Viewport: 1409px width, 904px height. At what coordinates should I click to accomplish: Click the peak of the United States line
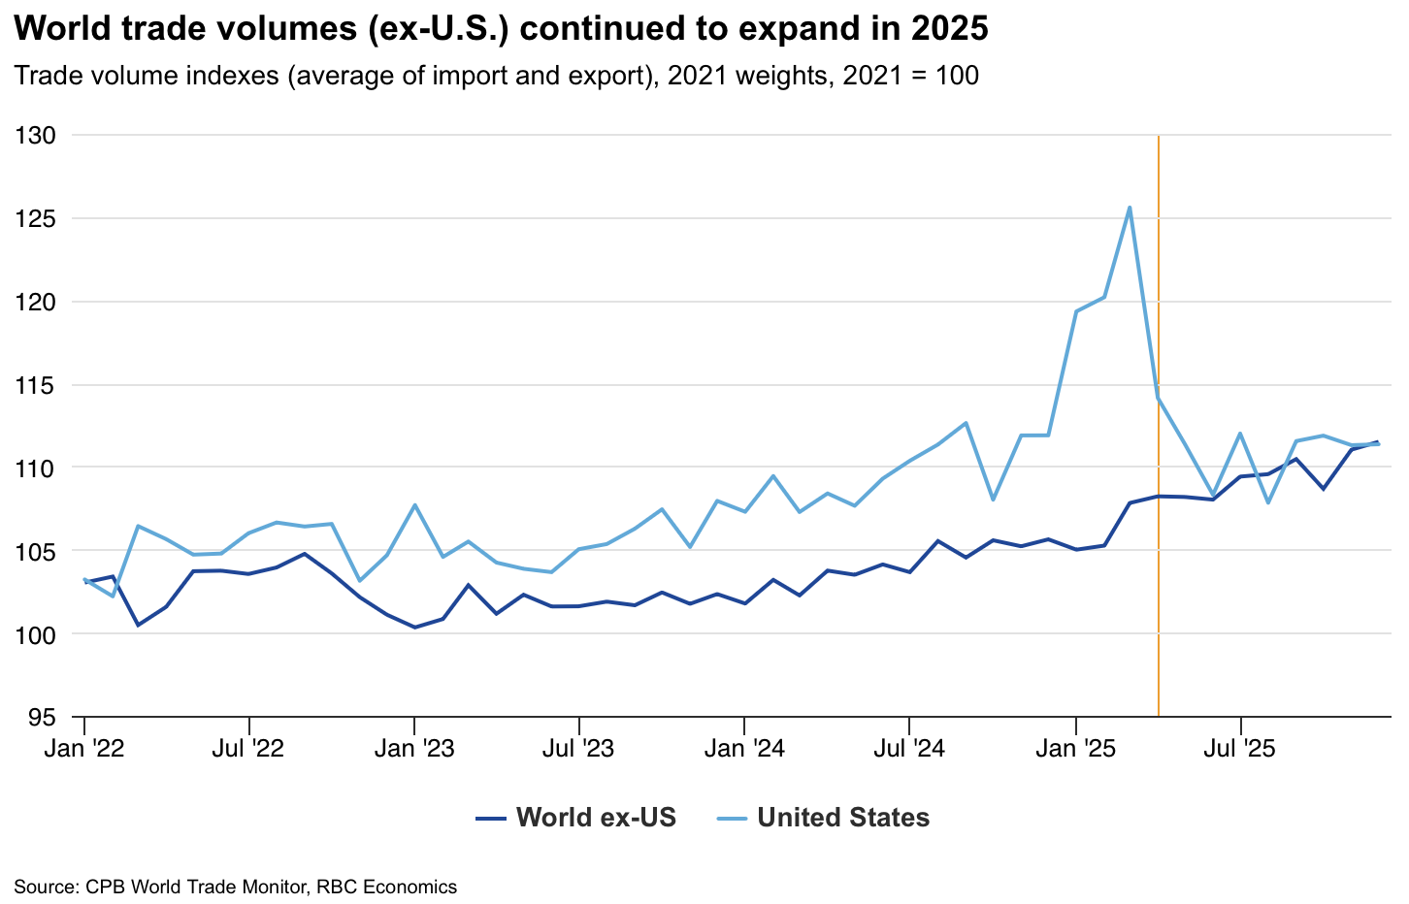click(1129, 208)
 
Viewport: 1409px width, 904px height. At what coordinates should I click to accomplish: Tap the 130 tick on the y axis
click(35, 136)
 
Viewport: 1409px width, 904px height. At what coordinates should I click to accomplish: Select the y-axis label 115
click(35, 385)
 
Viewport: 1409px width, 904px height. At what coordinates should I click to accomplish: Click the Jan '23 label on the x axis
click(414, 749)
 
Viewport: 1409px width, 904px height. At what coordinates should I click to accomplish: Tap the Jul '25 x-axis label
click(1240, 749)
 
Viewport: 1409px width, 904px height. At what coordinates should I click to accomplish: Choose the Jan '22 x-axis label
click(84, 749)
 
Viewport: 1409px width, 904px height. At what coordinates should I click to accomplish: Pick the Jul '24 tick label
click(909, 749)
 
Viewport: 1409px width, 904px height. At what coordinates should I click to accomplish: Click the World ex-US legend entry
click(576, 818)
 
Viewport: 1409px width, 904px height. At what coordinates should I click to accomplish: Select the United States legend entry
click(823, 818)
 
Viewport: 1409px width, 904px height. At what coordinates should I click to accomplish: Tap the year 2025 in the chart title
click(950, 29)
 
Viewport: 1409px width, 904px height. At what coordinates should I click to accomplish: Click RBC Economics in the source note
click(386, 887)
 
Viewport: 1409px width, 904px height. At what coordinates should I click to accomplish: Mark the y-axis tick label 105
click(35, 551)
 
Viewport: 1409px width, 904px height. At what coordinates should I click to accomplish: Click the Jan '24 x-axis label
click(744, 749)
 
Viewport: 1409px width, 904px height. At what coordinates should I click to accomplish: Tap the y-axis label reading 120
click(35, 302)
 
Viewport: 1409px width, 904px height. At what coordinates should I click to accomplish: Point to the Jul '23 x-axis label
click(579, 749)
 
